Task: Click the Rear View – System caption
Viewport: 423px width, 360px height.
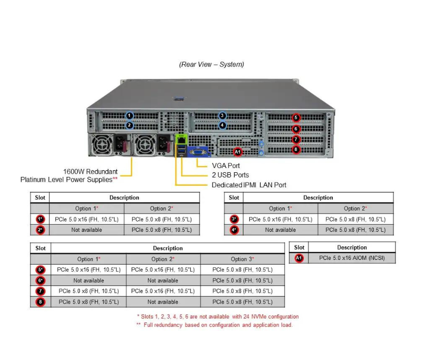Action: point(212,64)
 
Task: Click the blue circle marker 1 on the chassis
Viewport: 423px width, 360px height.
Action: point(129,116)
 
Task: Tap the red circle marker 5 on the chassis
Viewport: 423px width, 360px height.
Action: point(295,118)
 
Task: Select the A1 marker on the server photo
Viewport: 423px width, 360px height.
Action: point(237,151)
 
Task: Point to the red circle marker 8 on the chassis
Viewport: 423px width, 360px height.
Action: point(295,150)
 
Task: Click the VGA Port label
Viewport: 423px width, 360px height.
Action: point(226,165)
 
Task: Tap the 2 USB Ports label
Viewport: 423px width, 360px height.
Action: point(230,175)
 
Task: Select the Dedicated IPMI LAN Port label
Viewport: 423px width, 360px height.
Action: point(249,185)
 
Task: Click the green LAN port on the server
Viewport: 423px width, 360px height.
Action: point(181,139)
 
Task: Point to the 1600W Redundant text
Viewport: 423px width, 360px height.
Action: point(90,171)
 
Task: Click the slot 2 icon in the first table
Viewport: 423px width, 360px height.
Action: point(40,230)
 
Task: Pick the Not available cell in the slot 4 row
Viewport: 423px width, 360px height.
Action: point(280,230)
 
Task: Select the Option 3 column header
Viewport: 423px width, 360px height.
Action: point(242,259)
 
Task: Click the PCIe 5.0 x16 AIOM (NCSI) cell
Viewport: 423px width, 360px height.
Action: point(352,258)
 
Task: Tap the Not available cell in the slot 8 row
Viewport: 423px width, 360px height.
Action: point(163,301)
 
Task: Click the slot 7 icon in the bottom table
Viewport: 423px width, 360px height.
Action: point(40,291)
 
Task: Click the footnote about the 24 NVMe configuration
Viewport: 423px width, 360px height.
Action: point(218,316)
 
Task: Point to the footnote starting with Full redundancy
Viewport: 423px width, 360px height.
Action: point(215,325)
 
